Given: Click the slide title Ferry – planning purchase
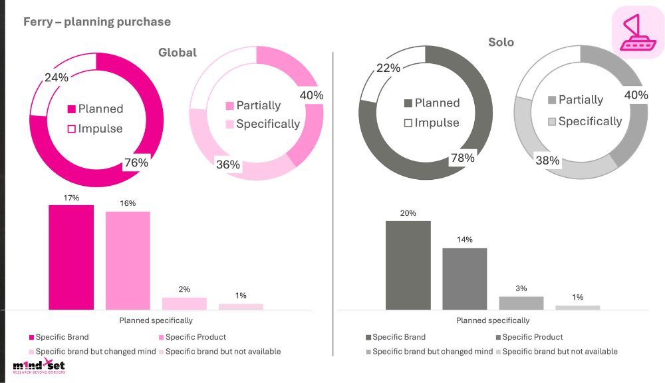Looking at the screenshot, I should pyautogui.click(x=97, y=22).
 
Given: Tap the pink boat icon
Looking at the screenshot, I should pyautogui.click(x=637, y=32).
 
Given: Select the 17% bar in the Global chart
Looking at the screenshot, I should pyautogui.click(x=71, y=256).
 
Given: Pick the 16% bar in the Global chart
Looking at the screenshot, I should pyautogui.click(x=128, y=260).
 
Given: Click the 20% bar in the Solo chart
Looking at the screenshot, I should pyautogui.click(x=408, y=264).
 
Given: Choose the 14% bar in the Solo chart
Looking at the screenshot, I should pyautogui.click(x=465, y=278).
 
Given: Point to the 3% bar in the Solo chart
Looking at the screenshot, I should pyautogui.click(x=521, y=302).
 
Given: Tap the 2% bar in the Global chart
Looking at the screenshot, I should pyautogui.click(x=184, y=303).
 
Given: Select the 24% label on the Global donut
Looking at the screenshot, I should pyautogui.click(x=57, y=77).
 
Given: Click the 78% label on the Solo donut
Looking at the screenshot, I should pyautogui.click(x=462, y=158).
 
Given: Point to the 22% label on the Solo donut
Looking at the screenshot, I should pyautogui.click(x=388, y=68).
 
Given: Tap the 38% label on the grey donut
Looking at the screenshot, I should pyautogui.click(x=547, y=161).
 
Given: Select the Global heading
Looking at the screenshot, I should pyautogui.click(x=177, y=52).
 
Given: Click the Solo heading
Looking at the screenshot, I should pyautogui.click(x=501, y=42).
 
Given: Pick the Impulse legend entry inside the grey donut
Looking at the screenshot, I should pyautogui.click(x=432, y=123).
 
